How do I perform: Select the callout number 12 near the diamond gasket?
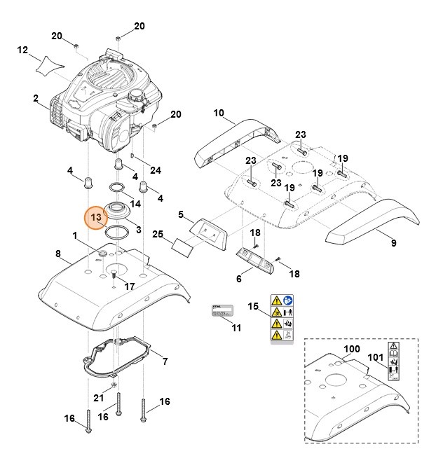(22, 50)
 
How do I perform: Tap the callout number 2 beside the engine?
(35, 98)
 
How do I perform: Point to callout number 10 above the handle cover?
(218, 113)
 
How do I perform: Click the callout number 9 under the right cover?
(393, 243)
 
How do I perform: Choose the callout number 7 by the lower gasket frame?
(165, 361)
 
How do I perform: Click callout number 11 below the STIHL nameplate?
(236, 328)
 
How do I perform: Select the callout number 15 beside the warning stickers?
(254, 307)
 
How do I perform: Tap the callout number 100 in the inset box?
(351, 349)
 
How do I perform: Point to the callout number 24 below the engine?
(156, 170)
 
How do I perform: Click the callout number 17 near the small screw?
(129, 286)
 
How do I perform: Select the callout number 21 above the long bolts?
(99, 398)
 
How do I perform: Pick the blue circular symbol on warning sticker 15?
(289, 300)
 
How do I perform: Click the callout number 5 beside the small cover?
(180, 214)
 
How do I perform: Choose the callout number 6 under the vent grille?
(238, 278)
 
